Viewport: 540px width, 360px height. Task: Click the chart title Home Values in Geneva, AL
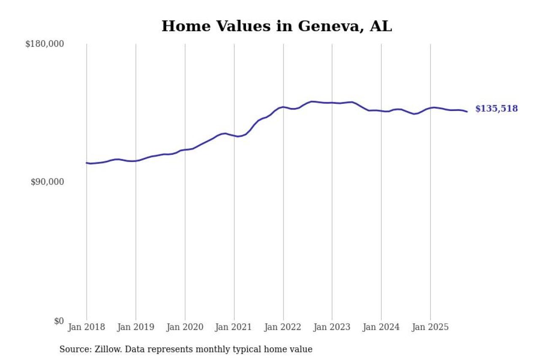[277, 26]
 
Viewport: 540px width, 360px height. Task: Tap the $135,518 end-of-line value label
[497, 109]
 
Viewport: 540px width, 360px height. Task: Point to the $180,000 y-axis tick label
[45, 44]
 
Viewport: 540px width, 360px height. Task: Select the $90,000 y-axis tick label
[47, 182]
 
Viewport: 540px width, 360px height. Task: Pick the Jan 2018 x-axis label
[86, 327]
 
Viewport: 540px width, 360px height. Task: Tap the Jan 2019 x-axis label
[136, 327]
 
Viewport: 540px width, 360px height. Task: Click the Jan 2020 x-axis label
[185, 327]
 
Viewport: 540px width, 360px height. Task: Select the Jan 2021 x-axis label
[234, 327]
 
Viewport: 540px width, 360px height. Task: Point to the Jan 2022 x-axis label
[283, 327]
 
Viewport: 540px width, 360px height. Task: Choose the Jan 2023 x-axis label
[332, 327]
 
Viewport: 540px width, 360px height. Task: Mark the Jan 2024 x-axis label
[381, 327]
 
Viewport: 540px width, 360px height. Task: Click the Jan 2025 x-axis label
[430, 327]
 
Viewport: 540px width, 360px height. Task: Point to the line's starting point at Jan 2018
[86, 163]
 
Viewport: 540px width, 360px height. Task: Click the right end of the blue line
[467, 111]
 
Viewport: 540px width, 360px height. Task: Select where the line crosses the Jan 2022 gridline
[283, 107]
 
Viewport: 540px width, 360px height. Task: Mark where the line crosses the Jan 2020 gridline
[185, 150]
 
